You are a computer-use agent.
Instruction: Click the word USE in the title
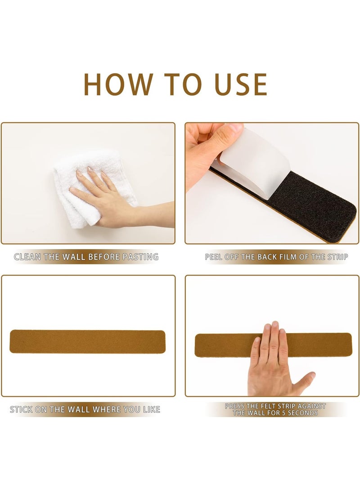pyautogui.click(x=241, y=85)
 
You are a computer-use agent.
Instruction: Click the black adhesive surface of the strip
pyautogui.click(x=310, y=203)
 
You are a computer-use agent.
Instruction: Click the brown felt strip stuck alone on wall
pyautogui.click(x=88, y=342)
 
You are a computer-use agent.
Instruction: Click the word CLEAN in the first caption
pyautogui.click(x=27, y=257)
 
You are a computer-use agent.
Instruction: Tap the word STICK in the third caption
pyautogui.click(x=21, y=410)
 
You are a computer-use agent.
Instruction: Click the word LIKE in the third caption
pyautogui.click(x=151, y=410)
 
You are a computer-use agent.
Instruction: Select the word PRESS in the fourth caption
pyautogui.click(x=235, y=406)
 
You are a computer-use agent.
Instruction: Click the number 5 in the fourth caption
pyautogui.click(x=283, y=413)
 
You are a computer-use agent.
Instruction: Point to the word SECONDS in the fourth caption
pyautogui.click(x=303, y=413)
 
